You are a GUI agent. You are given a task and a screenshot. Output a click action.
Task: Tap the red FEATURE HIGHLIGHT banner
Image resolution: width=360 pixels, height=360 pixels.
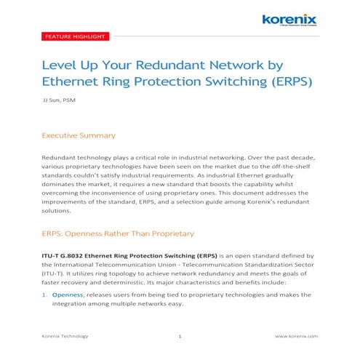[x=76, y=36]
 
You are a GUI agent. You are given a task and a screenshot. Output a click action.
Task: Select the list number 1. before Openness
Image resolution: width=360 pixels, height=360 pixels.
[x=44, y=295]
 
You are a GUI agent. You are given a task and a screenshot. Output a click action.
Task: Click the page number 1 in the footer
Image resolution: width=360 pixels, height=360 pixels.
[x=180, y=336]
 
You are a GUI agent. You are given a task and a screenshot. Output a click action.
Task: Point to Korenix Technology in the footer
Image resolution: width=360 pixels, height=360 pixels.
[x=65, y=336]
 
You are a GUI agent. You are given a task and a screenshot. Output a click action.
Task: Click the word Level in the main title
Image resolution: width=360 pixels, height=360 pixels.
[x=61, y=63]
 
